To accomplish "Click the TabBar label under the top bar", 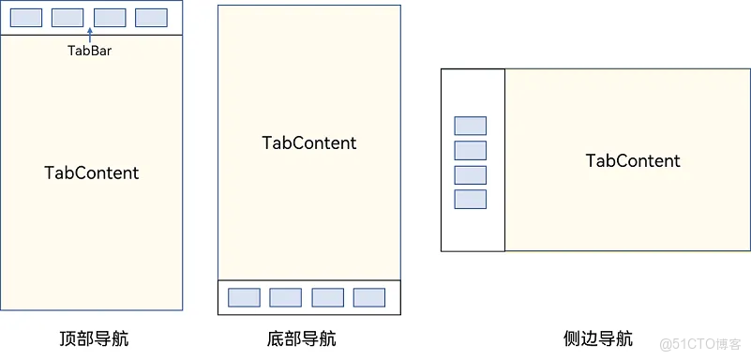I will (90, 51).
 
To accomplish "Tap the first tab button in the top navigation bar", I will (25, 17).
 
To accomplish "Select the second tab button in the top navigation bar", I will (68, 17).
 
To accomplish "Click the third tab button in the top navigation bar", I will (110, 17).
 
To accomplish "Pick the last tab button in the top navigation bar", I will (151, 17).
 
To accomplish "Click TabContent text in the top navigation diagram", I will (92, 172).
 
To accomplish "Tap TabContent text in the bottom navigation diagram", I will (309, 142).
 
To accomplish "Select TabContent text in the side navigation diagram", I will (633, 160).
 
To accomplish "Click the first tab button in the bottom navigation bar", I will (244, 297).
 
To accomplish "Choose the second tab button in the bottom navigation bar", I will (285, 297).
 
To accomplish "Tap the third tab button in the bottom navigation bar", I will (327, 297).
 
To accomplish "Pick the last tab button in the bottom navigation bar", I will (368, 297).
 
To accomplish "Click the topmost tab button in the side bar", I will (470, 126).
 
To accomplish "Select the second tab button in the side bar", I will (470, 150).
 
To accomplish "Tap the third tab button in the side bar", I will (470, 174).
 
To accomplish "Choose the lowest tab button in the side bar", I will (470, 199).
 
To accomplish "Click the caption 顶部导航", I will (93, 338).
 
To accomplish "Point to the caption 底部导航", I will (301, 338).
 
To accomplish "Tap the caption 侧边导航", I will (598, 338).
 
